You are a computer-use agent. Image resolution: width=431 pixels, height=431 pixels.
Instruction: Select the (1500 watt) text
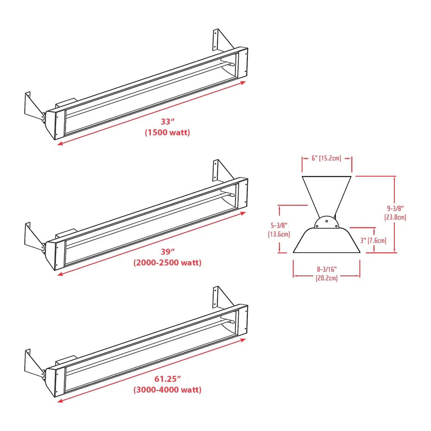(x=167, y=133)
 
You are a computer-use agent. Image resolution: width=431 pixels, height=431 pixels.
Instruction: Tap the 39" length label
(x=167, y=252)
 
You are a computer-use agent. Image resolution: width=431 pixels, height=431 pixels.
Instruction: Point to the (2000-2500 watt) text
(x=167, y=262)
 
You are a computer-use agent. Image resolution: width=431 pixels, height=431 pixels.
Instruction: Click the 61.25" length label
(x=167, y=379)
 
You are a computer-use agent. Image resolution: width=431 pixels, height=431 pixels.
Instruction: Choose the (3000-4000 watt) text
(x=167, y=390)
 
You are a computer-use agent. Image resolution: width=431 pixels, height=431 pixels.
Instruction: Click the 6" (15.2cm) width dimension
(x=326, y=158)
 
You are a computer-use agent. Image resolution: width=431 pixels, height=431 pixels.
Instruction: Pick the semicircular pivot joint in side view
(x=326, y=222)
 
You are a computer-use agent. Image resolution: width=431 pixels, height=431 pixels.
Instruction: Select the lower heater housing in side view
(x=326, y=241)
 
